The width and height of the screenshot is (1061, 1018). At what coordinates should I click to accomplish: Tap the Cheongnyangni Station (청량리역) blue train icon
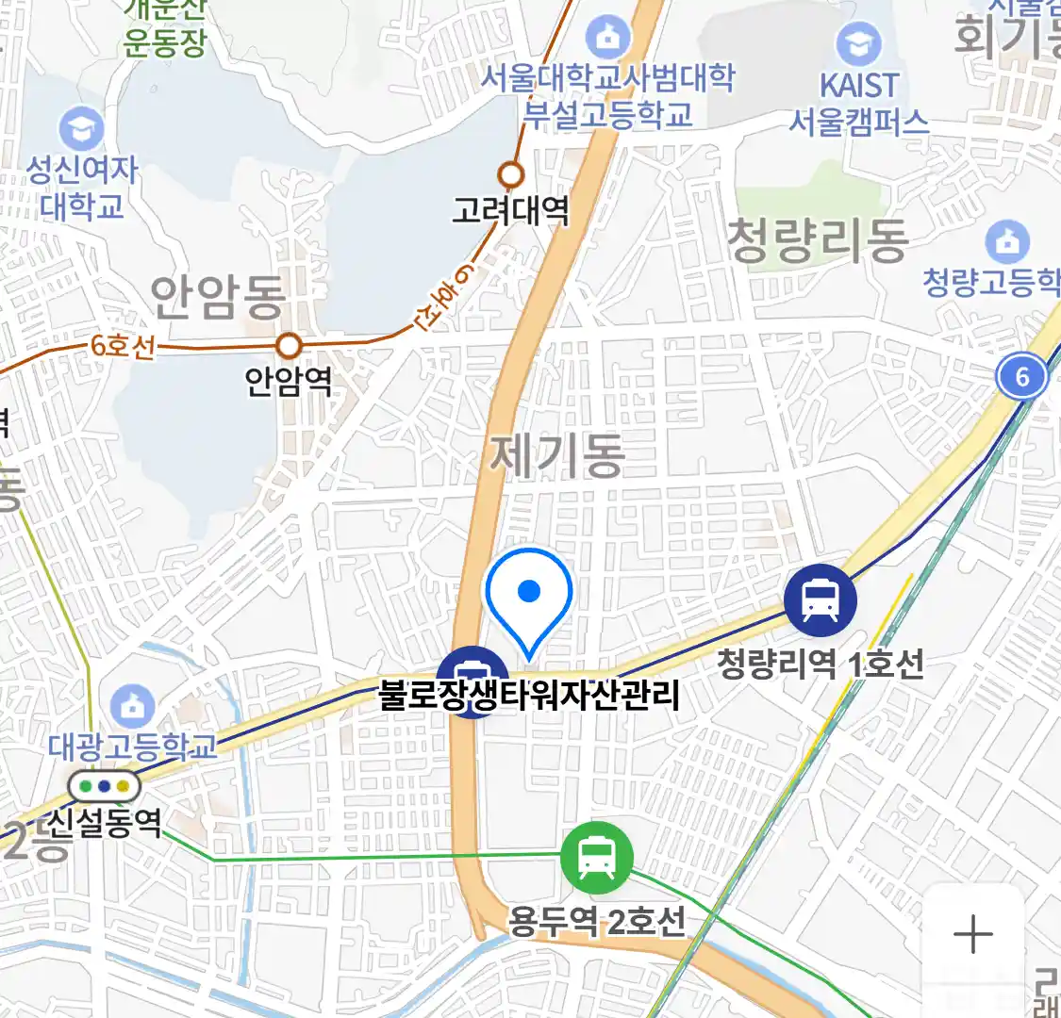click(x=821, y=599)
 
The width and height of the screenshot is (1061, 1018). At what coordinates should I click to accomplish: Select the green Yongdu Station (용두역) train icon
click(x=597, y=858)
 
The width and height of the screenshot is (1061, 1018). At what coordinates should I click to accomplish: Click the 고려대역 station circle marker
click(x=511, y=174)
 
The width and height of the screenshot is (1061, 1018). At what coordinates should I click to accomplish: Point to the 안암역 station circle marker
click(x=289, y=346)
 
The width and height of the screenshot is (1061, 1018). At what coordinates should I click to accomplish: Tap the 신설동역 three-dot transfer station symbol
click(x=104, y=785)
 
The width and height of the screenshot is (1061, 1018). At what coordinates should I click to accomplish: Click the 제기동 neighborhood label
click(x=557, y=455)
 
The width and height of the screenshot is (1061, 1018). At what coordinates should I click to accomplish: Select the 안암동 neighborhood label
click(x=218, y=298)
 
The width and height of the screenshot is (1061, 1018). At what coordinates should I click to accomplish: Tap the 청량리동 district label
click(x=817, y=240)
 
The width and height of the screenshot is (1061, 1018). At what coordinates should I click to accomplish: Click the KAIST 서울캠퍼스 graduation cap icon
click(x=858, y=43)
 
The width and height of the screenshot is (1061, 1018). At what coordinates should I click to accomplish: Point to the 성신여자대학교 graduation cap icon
click(x=81, y=129)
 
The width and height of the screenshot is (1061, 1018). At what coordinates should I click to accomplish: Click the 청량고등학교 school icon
click(x=1007, y=242)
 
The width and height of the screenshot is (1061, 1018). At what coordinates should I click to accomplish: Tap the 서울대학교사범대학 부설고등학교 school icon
click(x=608, y=38)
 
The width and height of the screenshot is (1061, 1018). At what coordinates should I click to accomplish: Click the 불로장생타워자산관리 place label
click(x=529, y=696)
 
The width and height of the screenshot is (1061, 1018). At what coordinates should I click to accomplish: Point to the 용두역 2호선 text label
click(x=597, y=921)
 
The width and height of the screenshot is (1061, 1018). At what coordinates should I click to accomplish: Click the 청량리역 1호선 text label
click(x=820, y=664)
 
